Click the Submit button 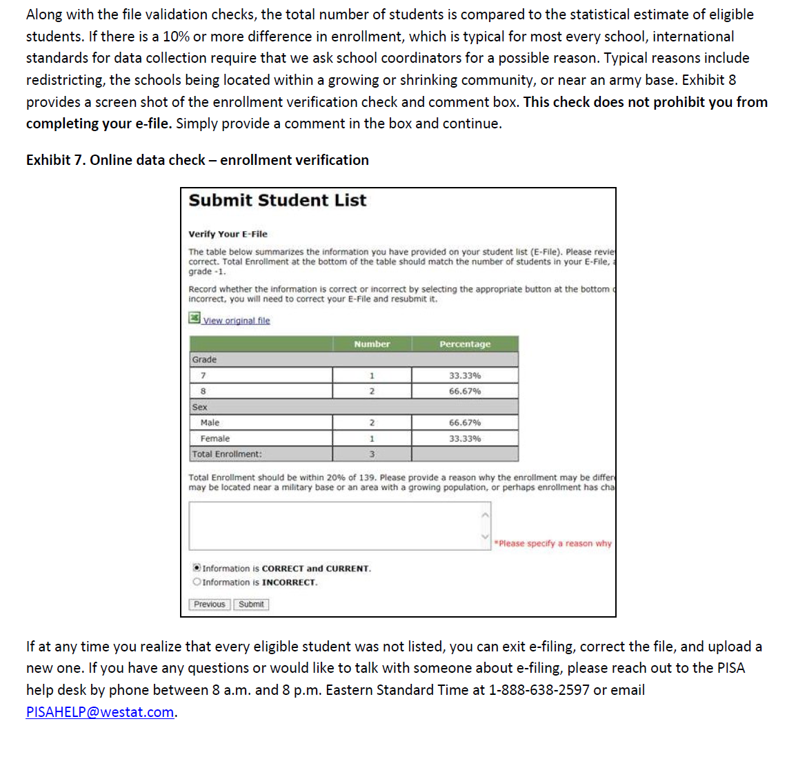[x=251, y=604]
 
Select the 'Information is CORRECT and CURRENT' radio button [x=197, y=568]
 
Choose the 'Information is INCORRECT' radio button [x=197, y=582]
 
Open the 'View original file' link [x=236, y=321]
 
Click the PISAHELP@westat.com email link [x=100, y=712]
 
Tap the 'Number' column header [x=372, y=344]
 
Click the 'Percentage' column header [x=465, y=344]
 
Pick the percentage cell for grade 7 [x=465, y=375]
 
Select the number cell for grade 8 [x=372, y=391]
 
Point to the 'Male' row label [x=210, y=423]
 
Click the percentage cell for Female [x=465, y=439]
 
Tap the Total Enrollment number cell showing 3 [x=372, y=454]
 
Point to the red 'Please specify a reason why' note [x=553, y=544]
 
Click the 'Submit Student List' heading [x=277, y=201]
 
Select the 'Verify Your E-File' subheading [x=228, y=234]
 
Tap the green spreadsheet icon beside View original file [x=195, y=317]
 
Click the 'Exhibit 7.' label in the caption [x=56, y=160]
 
